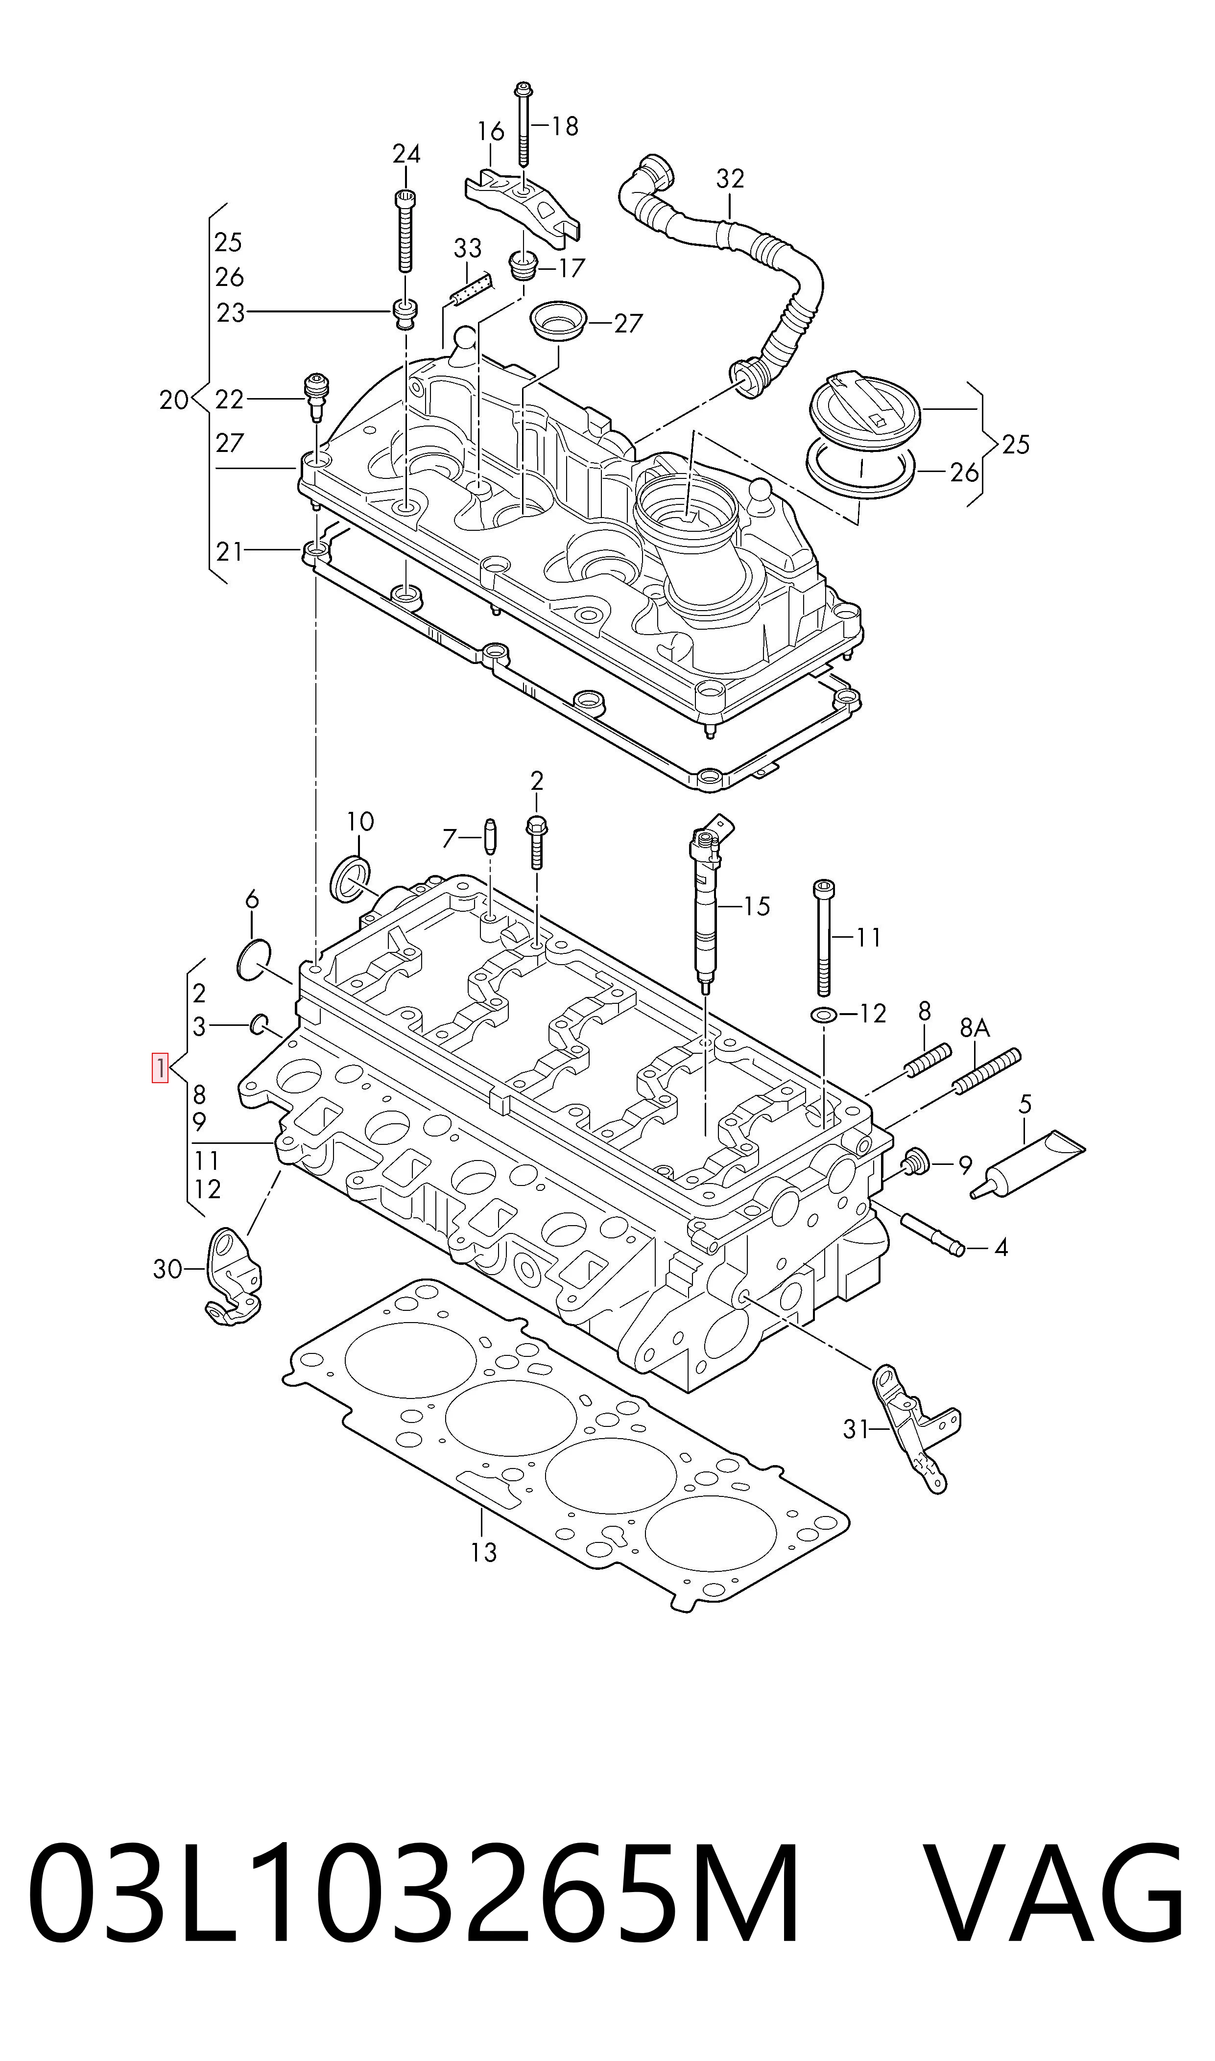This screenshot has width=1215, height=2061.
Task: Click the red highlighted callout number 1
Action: [x=160, y=1067]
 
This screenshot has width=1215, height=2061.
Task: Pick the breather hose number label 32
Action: [x=730, y=178]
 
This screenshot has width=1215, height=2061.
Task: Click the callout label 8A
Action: [x=975, y=1028]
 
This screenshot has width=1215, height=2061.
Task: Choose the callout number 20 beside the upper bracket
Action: [x=173, y=400]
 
